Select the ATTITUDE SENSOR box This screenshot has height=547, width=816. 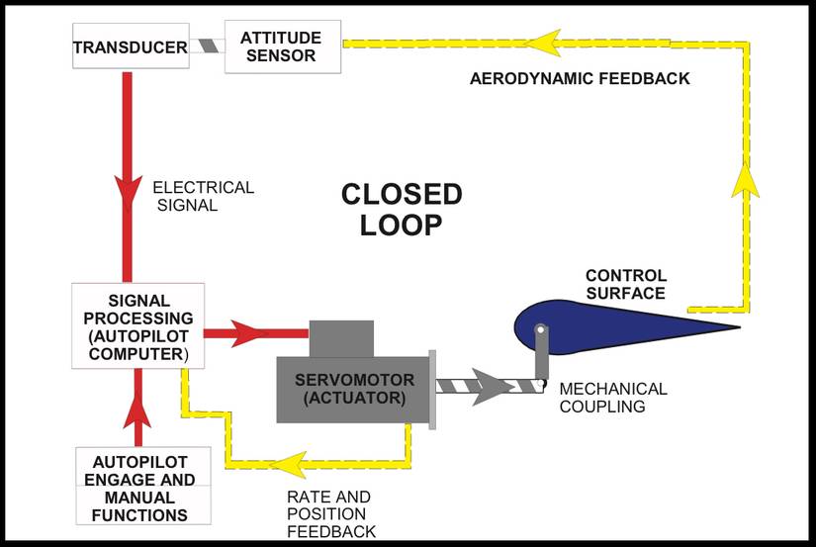[x=281, y=46]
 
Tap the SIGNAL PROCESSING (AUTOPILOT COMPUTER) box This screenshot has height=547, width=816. [x=137, y=324]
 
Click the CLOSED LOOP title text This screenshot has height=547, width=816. [x=401, y=208]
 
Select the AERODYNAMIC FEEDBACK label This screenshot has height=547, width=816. [x=579, y=78]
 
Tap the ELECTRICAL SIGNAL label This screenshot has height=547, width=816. [x=203, y=196]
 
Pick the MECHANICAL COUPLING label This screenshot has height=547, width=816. [x=613, y=398]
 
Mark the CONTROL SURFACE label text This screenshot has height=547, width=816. [x=625, y=284]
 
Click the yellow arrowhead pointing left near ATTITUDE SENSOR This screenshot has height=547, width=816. [x=542, y=44]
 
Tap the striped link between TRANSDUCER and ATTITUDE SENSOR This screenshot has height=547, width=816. [x=207, y=46]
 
